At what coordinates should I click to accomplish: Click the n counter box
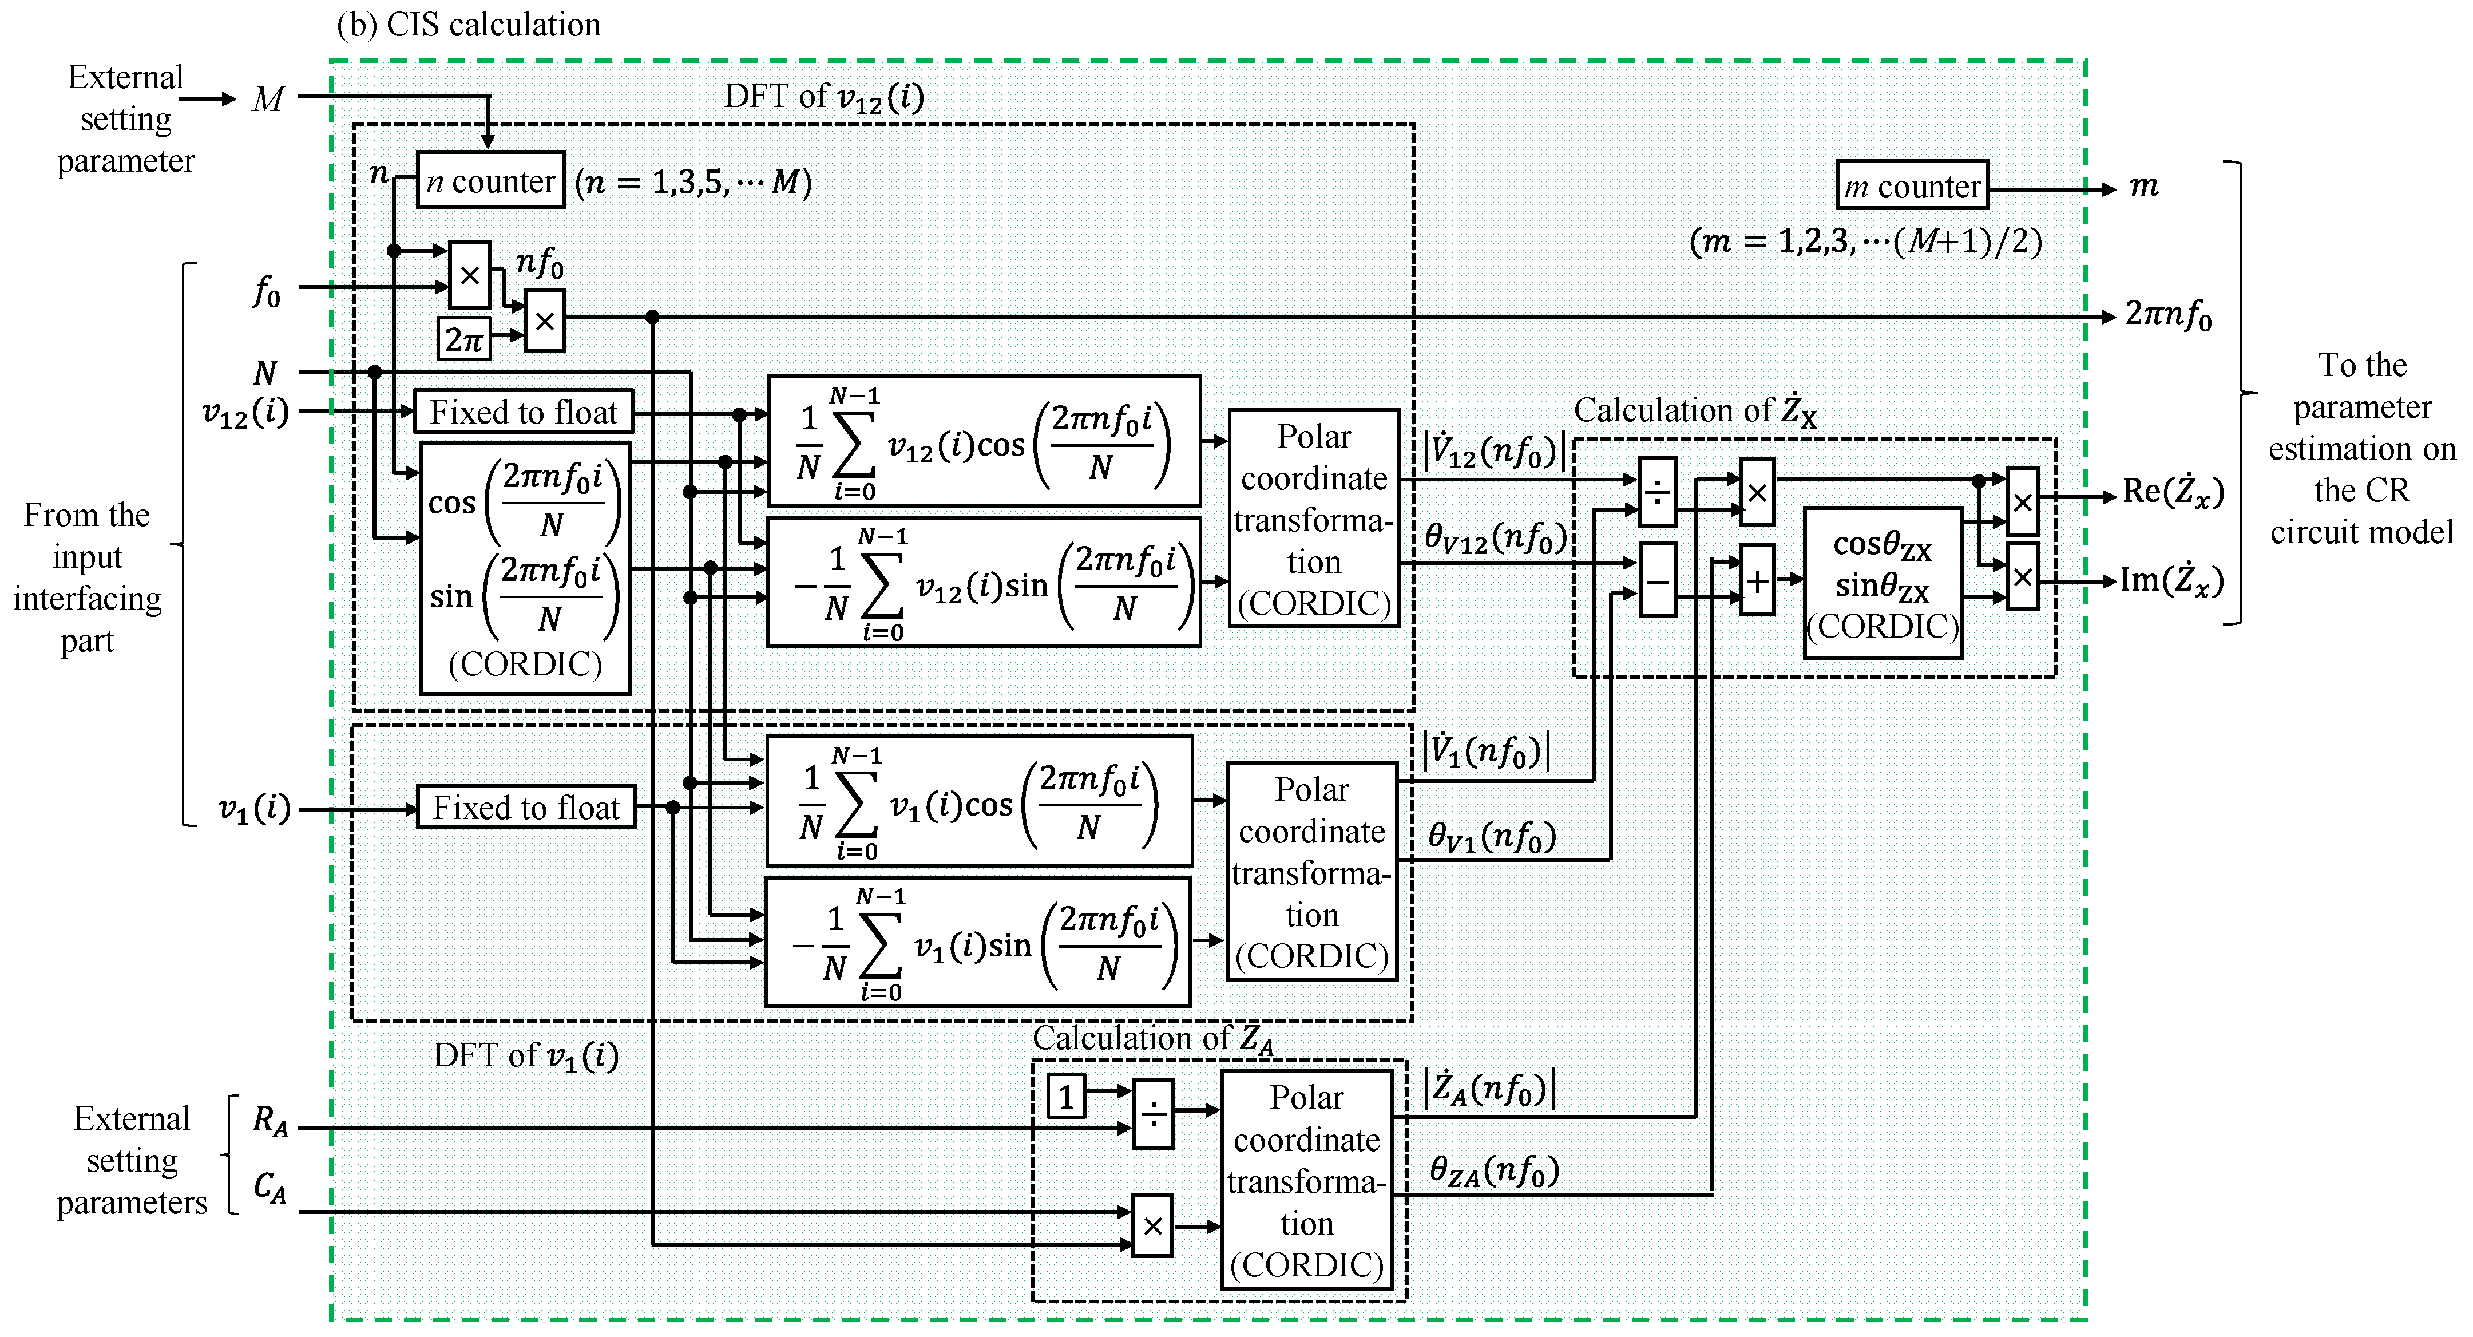click(490, 180)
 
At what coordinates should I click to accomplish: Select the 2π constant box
click(463, 339)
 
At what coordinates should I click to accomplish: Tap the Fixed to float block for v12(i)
click(523, 412)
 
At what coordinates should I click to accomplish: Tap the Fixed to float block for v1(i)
click(526, 808)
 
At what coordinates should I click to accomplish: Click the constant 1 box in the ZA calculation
click(1065, 1097)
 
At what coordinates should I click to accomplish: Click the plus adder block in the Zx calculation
click(1757, 580)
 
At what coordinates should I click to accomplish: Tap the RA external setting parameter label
click(270, 1121)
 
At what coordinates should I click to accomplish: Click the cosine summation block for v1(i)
click(978, 802)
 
